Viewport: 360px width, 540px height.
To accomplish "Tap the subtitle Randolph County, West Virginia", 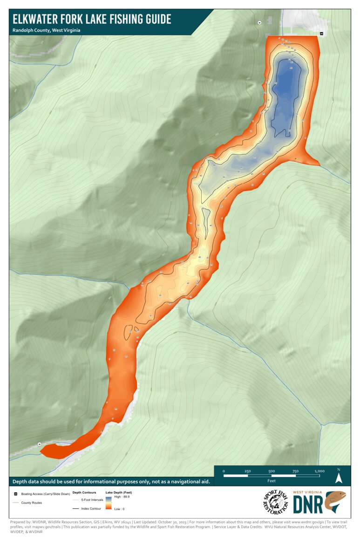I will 47,30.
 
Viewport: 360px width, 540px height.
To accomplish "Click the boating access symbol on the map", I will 321,33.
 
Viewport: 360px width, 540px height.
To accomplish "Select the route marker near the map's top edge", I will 259,22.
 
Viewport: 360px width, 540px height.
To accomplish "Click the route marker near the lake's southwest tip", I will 40,444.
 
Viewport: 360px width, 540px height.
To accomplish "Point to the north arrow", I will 339,476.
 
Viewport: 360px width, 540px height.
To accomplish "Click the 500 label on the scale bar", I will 272,471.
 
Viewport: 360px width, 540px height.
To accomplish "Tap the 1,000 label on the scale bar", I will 319,471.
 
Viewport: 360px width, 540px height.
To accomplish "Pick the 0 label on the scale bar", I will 224,471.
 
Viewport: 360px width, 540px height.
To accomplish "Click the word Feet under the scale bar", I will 272,480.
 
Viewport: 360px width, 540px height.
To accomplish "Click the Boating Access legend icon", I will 16,493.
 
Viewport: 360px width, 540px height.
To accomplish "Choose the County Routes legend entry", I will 32,503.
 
